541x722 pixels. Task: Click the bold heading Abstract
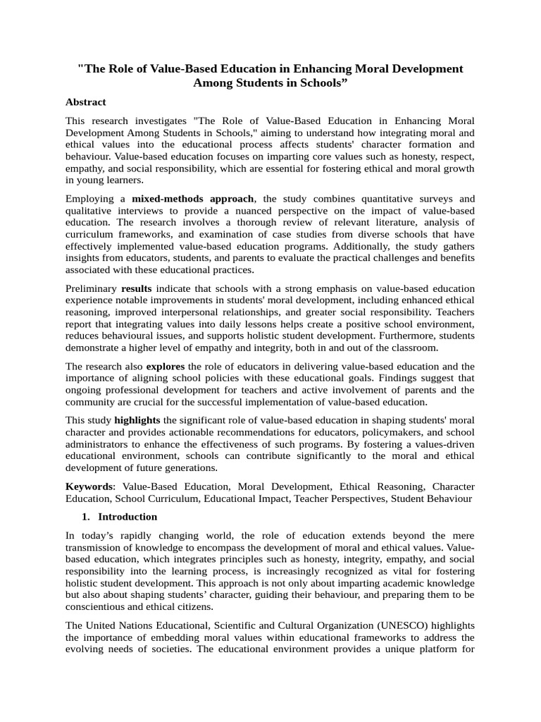coord(85,102)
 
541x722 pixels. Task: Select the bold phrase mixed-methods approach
coord(192,199)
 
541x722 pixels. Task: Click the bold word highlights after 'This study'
coord(137,420)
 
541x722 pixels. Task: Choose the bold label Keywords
coord(89,487)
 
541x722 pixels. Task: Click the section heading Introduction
coord(128,517)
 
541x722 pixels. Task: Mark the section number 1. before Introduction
coord(87,517)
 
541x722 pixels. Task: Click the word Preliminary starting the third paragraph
coord(91,288)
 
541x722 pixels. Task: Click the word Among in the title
coord(215,82)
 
